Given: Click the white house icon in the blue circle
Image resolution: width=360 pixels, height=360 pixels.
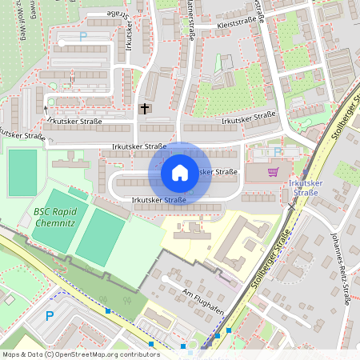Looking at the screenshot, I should click(180, 172).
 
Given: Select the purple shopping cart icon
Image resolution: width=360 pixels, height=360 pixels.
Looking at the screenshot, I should click(274, 171).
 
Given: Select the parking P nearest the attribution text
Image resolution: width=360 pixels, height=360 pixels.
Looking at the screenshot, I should click(49, 316).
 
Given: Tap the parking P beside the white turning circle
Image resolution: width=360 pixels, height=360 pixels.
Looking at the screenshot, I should click(82, 36).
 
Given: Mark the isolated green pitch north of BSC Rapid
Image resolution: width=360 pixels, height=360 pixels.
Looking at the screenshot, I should click(22, 172).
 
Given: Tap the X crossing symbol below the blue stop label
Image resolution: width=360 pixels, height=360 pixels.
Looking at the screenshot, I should click(292, 205).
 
